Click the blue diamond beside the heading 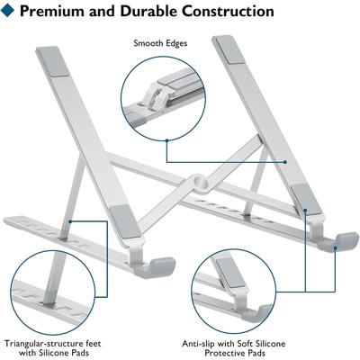(7, 10)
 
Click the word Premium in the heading (52, 11)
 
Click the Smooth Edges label (160, 43)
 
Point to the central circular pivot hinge (200, 183)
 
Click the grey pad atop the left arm (55, 61)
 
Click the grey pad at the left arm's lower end (125, 221)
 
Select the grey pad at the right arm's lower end (306, 199)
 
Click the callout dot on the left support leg (70, 221)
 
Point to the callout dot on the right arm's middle (285, 162)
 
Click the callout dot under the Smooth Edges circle (166, 139)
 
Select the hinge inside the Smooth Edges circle (154, 96)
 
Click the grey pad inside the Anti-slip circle (230, 273)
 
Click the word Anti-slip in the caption (198, 344)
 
